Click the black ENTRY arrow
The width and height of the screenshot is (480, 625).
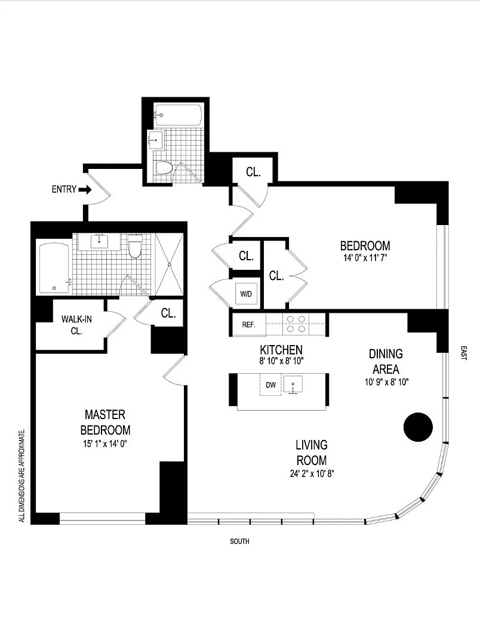[x=85, y=190]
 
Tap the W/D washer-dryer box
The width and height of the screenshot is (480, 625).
[x=246, y=294]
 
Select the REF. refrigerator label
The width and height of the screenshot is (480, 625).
[x=248, y=325]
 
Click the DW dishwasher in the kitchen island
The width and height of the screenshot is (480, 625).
[x=270, y=384]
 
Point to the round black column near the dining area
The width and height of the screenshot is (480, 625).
[x=418, y=427]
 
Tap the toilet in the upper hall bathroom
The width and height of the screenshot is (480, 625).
[x=164, y=168]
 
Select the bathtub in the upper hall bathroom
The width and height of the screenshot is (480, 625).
[x=178, y=115]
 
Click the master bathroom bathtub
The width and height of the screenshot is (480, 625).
[x=54, y=269]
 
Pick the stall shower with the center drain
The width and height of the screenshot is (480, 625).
[x=170, y=264]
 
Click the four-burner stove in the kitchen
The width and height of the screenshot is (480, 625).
[x=296, y=324]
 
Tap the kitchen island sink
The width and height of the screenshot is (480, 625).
[x=293, y=385]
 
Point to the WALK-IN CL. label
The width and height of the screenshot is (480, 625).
[x=76, y=325]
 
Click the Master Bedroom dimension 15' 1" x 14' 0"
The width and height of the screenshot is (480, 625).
[x=105, y=444]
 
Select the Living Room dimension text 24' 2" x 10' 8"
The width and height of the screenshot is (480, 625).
[x=312, y=474]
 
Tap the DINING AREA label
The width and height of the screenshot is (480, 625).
[x=386, y=361]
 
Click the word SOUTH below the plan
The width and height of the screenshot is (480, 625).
[x=239, y=541]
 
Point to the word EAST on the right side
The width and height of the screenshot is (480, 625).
[x=463, y=353]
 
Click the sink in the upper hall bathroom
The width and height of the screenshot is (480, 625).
[x=156, y=140]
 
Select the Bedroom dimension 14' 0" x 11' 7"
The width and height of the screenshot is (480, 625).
[x=365, y=257]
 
